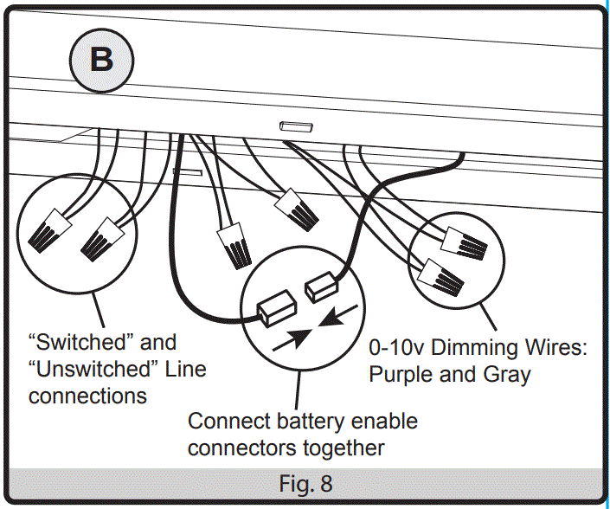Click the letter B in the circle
tap(102, 60)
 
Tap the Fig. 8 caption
tap(305, 481)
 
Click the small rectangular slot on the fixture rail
tap(294, 127)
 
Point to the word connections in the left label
tap(87, 396)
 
